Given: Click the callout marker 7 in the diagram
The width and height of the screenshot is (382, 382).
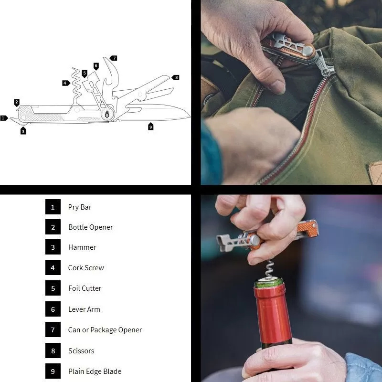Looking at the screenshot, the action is click(x=114, y=58).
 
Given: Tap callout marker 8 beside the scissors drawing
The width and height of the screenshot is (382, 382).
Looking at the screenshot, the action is click(x=176, y=77).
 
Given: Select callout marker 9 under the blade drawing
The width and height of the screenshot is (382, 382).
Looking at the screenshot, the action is click(x=150, y=126).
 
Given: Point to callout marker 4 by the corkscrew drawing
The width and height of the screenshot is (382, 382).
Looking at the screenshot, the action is click(x=66, y=83).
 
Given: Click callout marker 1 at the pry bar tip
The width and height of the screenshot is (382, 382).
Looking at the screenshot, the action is click(x=4, y=118).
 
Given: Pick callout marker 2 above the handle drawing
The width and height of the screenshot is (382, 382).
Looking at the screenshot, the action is click(x=17, y=103).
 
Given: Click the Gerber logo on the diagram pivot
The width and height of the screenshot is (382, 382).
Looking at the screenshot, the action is click(x=107, y=114).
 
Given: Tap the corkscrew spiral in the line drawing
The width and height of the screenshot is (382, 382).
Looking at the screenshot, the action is click(x=76, y=84).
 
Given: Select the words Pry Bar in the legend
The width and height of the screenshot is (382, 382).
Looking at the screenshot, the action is click(x=80, y=207).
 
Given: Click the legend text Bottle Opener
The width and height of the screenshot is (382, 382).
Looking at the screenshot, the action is click(x=91, y=227).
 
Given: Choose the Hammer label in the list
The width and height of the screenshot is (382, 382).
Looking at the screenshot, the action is click(x=82, y=247).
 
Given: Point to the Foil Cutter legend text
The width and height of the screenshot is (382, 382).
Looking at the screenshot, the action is click(x=85, y=288).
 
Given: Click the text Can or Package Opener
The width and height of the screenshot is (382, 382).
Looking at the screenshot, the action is click(x=105, y=330).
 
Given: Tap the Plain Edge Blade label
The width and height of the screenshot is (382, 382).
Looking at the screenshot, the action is click(x=95, y=371).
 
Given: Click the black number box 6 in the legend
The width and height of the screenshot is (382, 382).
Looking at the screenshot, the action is click(x=53, y=309).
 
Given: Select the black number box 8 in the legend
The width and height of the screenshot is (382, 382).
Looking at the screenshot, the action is click(x=53, y=350).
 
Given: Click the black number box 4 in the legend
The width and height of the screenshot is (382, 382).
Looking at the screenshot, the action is click(x=53, y=267).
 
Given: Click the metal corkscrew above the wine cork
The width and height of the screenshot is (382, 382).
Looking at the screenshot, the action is click(x=269, y=269).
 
